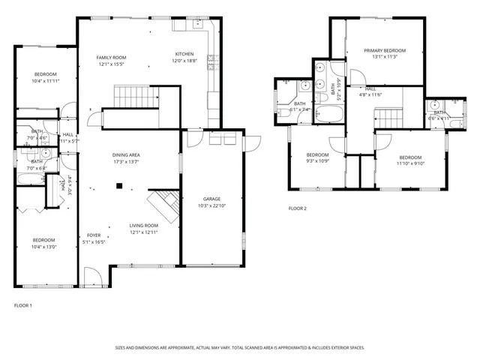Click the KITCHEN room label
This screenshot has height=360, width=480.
point(184,54)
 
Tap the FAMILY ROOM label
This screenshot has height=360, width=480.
point(111,57)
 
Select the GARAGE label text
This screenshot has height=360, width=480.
point(211,199)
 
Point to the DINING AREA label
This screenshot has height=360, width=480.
point(127,155)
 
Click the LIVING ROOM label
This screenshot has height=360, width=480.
point(143,226)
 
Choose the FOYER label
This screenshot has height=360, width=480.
point(93,235)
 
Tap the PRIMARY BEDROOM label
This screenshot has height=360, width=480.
point(385,50)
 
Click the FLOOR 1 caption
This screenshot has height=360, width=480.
point(23,305)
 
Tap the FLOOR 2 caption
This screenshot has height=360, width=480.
point(298,208)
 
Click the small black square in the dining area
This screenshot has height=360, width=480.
point(118,186)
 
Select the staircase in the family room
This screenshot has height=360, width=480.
point(132,97)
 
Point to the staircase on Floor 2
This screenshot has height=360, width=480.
point(388,118)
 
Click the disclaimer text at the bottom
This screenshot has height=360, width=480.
point(239,347)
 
